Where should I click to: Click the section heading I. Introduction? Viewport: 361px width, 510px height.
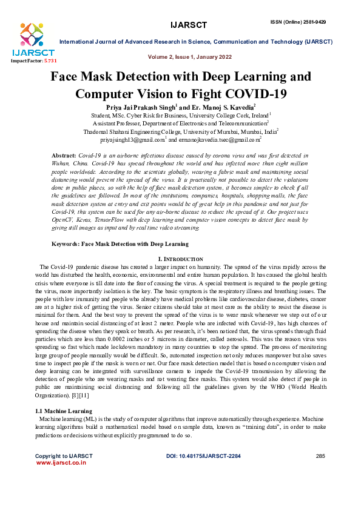[x=180, y=259]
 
